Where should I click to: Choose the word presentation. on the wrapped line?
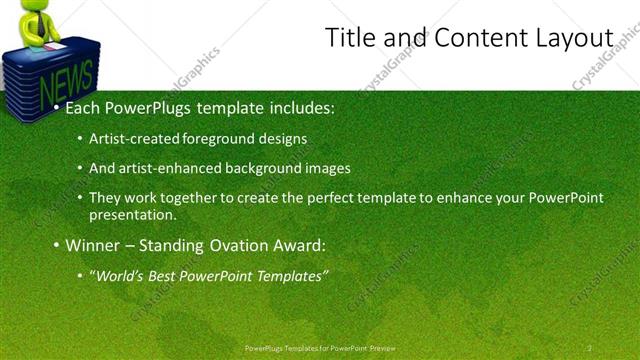(x=132, y=214)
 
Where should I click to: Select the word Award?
(x=299, y=245)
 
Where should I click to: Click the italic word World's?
(x=119, y=275)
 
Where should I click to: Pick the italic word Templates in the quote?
(x=290, y=275)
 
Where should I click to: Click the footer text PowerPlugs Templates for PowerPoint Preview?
(x=320, y=348)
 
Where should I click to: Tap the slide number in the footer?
(x=590, y=348)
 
